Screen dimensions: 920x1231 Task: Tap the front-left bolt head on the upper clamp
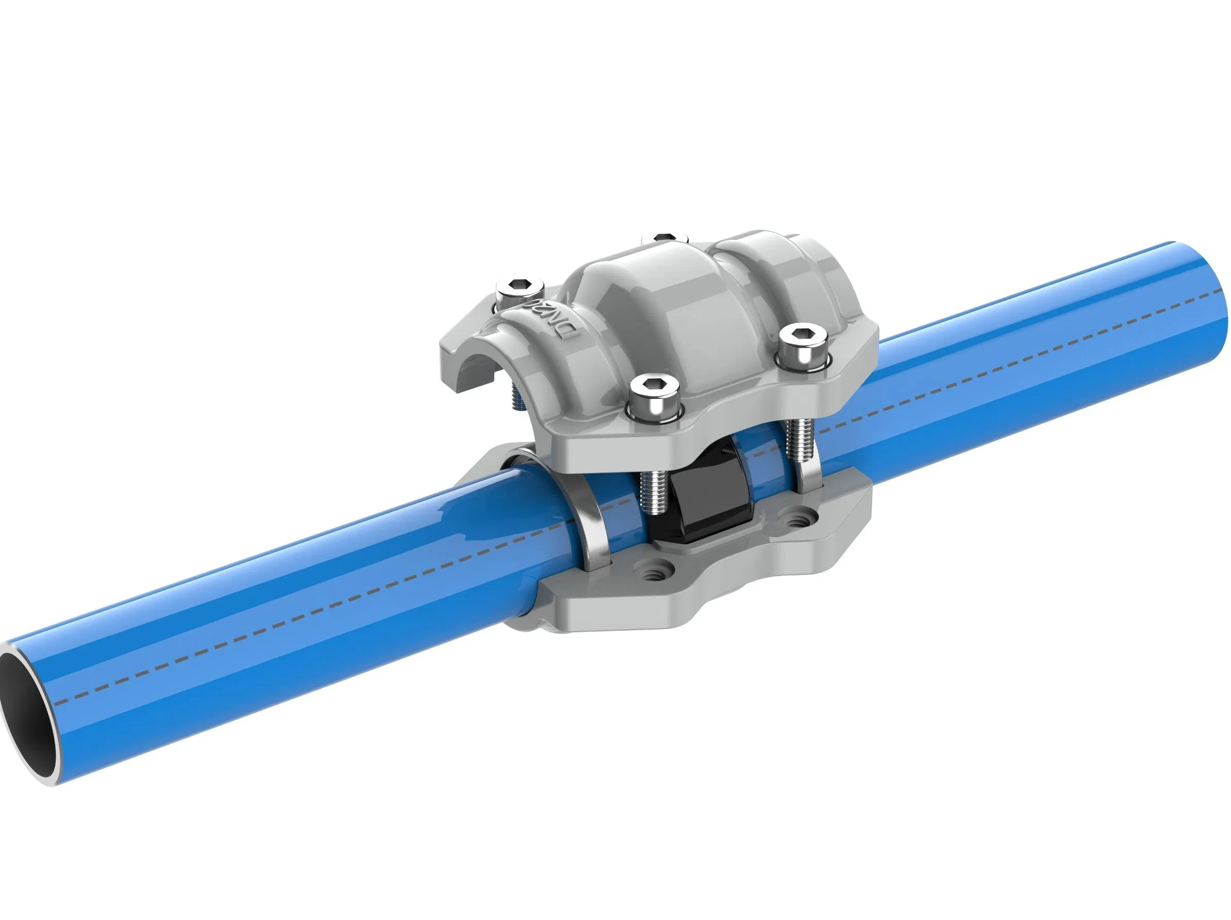coord(654,394)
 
